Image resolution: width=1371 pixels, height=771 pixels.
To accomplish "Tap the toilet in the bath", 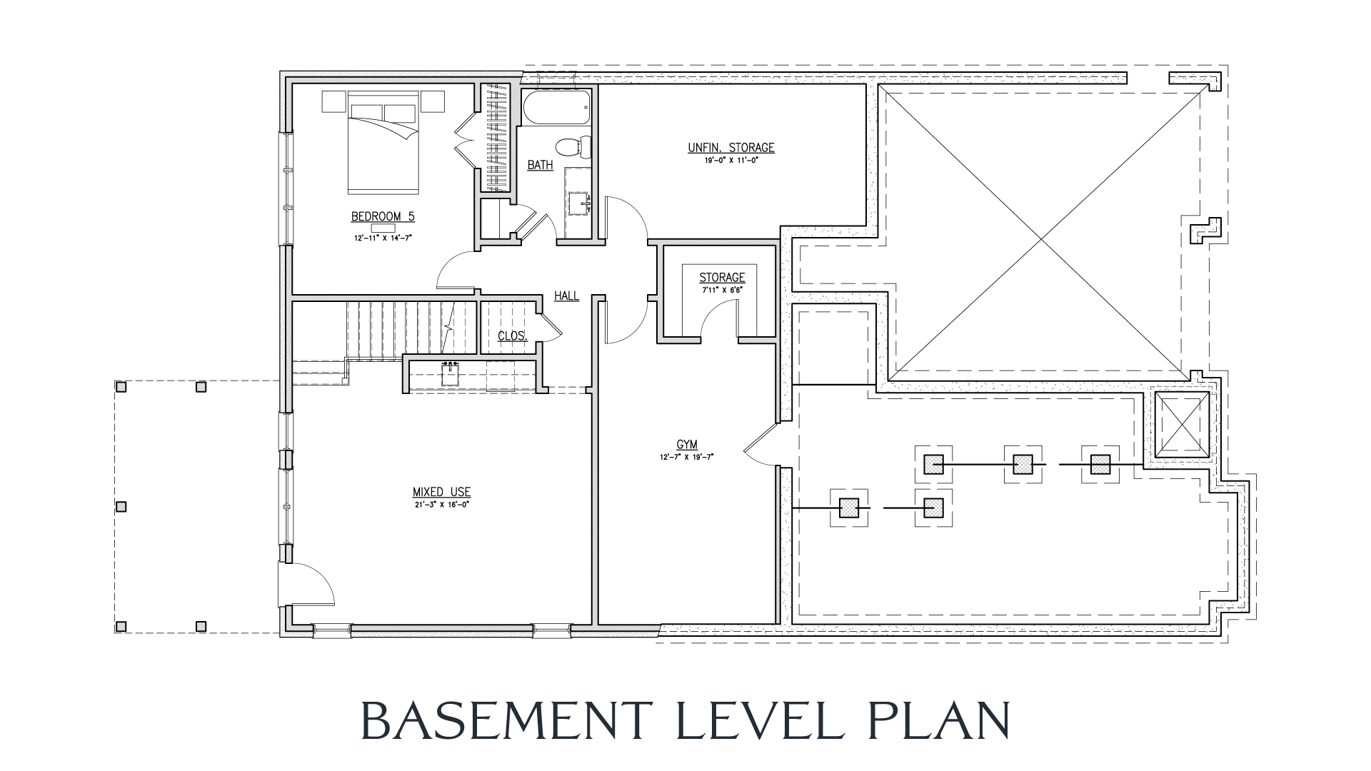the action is pyautogui.click(x=574, y=147).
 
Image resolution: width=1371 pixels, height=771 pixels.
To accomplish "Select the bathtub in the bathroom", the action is pyautogui.click(x=557, y=108).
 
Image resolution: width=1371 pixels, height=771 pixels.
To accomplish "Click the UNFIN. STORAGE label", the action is pyautogui.click(x=730, y=148).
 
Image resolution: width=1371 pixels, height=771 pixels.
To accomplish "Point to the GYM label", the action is pyautogui.click(x=687, y=445).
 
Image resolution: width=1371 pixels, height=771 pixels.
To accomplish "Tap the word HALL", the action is pyautogui.click(x=567, y=296).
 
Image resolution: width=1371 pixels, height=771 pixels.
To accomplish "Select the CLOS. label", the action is pyautogui.click(x=512, y=336).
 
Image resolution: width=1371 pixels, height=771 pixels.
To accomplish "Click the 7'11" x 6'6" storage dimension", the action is pyautogui.click(x=722, y=291).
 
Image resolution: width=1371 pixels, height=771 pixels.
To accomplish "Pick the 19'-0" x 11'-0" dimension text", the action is pyautogui.click(x=730, y=161).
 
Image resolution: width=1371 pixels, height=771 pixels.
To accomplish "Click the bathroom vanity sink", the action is pyautogui.click(x=578, y=203).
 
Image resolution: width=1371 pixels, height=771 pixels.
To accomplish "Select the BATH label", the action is pyautogui.click(x=540, y=166).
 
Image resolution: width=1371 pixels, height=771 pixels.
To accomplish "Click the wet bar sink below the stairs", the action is pyautogui.click(x=450, y=373).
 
